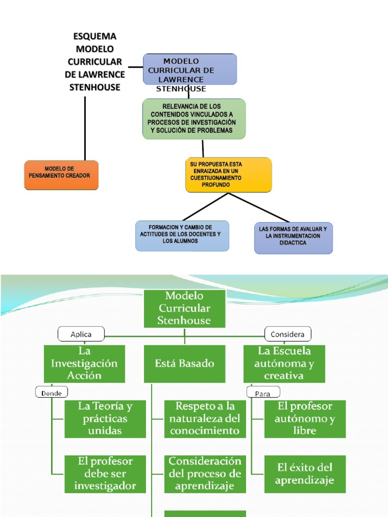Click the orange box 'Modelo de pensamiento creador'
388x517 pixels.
(x=61, y=175)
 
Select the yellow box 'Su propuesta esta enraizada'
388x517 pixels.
(x=228, y=175)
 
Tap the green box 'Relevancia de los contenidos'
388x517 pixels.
(x=194, y=119)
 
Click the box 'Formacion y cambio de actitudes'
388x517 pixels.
(x=182, y=235)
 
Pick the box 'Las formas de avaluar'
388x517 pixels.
(x=293, y=237)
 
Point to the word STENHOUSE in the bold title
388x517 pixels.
(x=95, y=87)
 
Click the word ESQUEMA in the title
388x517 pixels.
(x=95, y=36)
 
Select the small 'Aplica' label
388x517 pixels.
(x=81, y=334)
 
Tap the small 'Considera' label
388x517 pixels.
(x=288, y=334)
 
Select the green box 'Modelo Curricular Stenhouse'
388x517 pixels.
(x=184, y=308)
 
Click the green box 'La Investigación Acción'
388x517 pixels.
(x=84, y=364)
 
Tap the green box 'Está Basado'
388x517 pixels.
(x=184, y=364)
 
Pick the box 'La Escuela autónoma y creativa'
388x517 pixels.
(x=284, y=364)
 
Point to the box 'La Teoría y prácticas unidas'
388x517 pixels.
(x=105, y=419)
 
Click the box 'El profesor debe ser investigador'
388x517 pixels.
(x=105, y=474)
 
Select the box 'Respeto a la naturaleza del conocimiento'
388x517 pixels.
(x=205, y=419)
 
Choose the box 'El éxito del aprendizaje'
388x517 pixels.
(x=305, y=474)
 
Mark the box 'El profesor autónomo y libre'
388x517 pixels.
(x=305, y=419)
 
